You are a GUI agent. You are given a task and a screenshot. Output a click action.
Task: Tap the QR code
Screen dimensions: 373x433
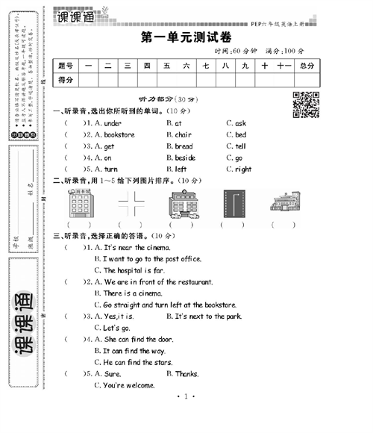[x=305, y=105]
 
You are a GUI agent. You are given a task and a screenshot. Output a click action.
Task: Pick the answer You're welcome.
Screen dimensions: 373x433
[x=125, y=385]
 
